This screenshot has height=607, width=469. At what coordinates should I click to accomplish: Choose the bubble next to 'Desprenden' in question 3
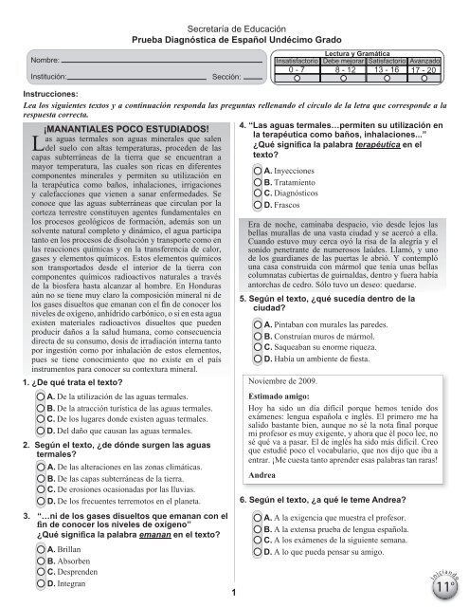36,572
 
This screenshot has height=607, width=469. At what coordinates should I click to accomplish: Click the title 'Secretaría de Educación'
233,11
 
